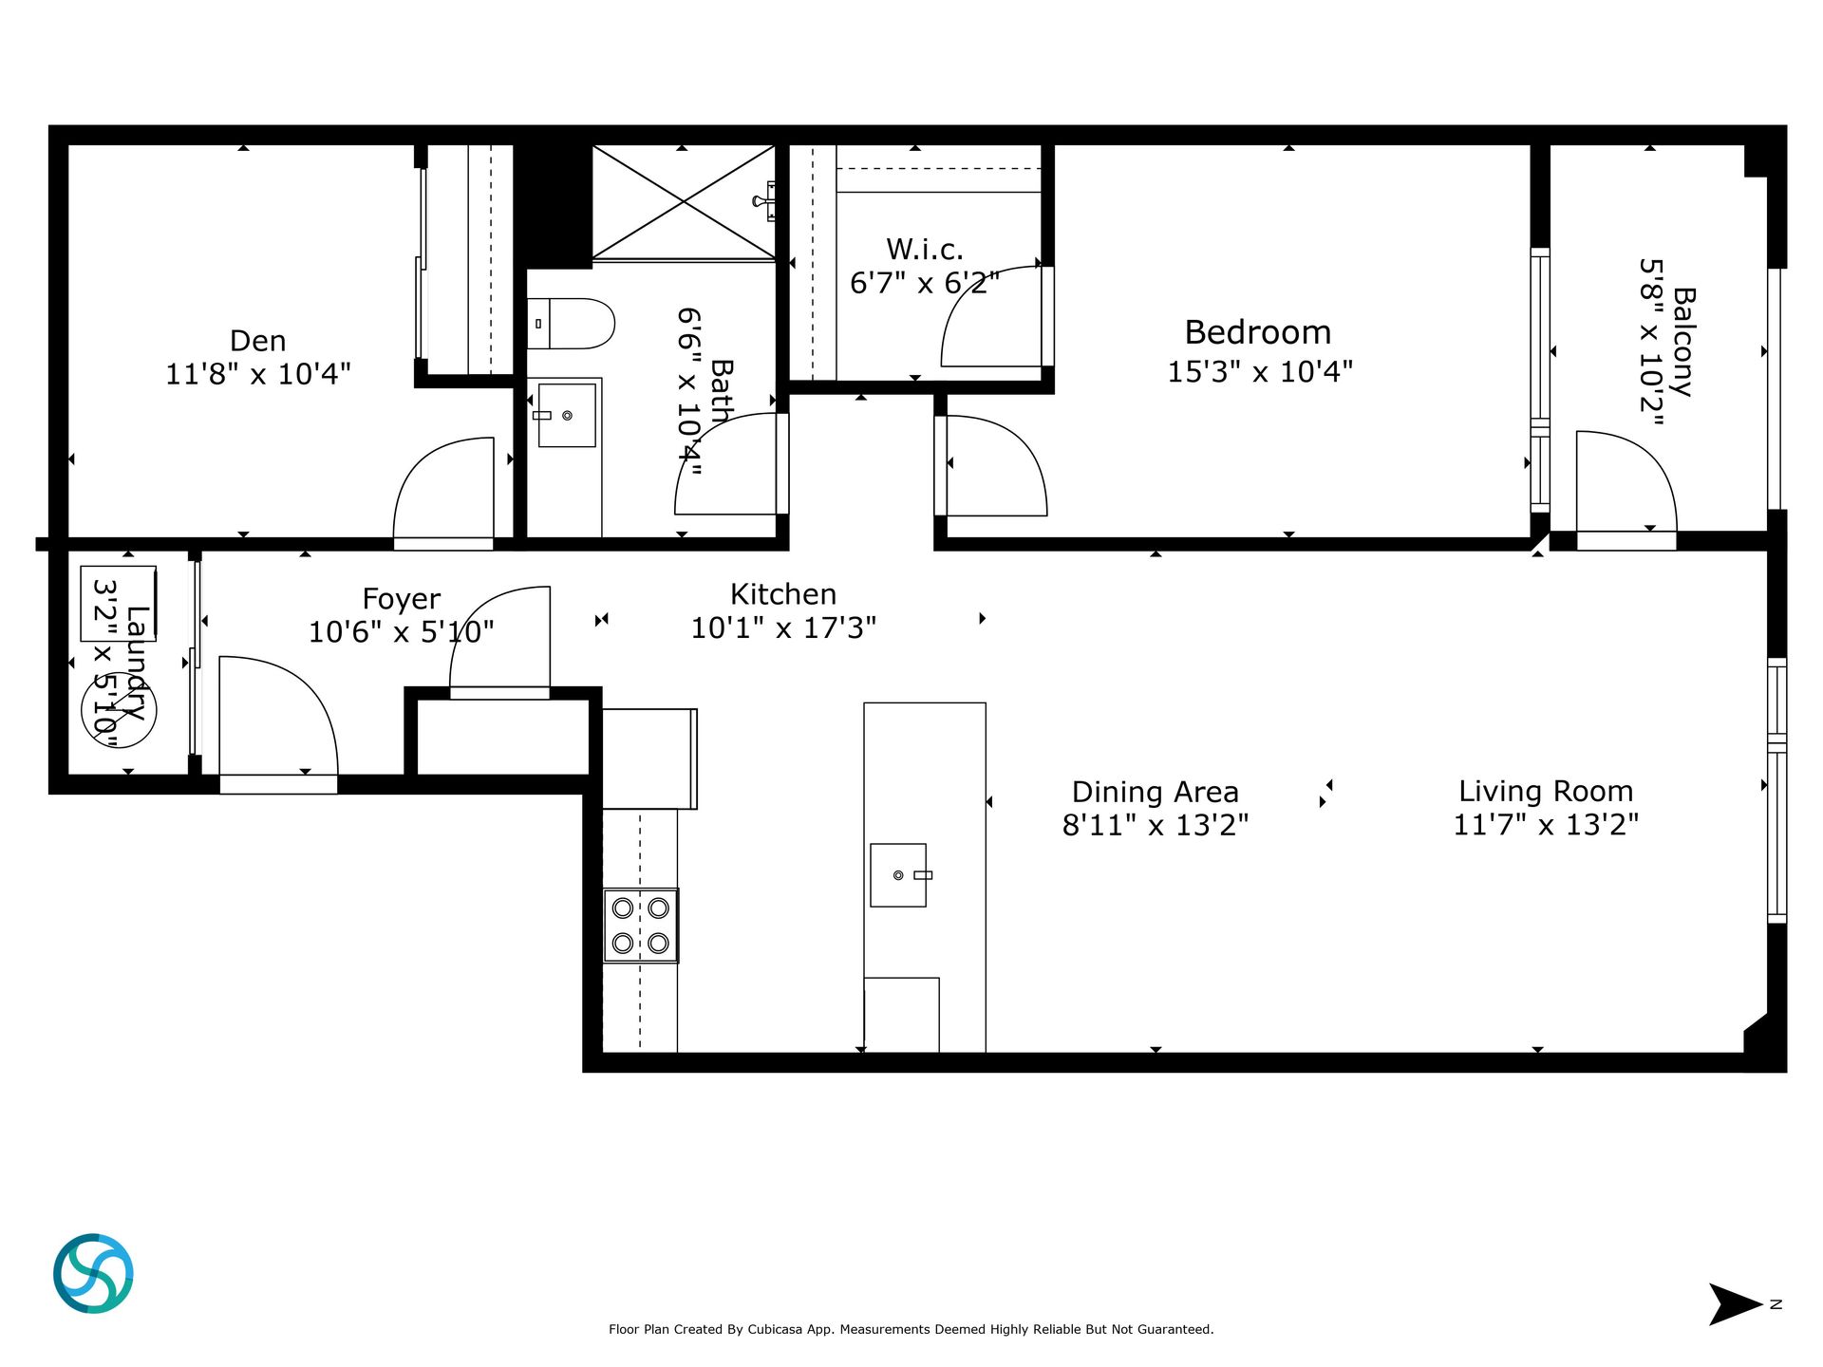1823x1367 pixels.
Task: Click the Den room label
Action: pos(257,341)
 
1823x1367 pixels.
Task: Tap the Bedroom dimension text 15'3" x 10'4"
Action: pos(1259,371)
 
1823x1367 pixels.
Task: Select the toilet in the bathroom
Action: pos(571,324)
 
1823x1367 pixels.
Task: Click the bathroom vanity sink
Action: pos(567,415)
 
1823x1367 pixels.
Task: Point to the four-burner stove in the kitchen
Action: pos(641,926)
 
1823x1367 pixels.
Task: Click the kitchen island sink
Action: pos(898,875)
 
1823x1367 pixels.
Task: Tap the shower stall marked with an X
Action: pos(684,202)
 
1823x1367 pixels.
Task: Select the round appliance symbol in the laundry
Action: pos(119,709)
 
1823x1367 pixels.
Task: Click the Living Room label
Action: pos(1546,791)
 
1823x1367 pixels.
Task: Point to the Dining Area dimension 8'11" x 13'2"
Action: pos(1155,825)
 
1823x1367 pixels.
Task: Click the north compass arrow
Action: pos(1735,1304)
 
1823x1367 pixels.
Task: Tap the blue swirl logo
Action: pos(93,1273)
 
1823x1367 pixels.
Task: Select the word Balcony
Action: pos(1682,342)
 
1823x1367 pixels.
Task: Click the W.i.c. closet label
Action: pos(925,249)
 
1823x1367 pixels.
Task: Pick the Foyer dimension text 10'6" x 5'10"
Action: pos(402,631)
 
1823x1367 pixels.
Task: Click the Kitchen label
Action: pos(783,594)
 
